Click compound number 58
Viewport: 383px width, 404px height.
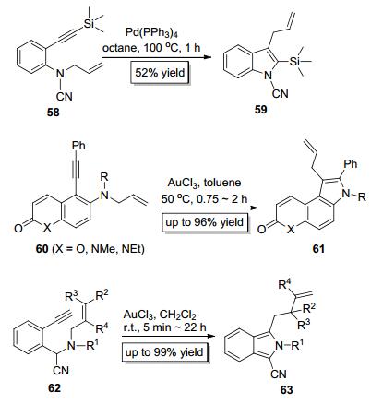53,113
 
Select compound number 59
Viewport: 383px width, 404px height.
260,109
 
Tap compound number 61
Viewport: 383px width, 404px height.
318,248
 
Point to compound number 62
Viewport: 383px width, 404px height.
54,388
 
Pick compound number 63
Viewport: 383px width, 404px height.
286,390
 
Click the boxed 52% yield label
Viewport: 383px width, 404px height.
160,73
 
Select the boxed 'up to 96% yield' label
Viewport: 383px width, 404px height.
205,221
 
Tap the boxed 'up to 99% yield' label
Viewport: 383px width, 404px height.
164,351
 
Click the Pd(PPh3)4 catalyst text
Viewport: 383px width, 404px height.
154,33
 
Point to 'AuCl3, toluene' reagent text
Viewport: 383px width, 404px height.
204,183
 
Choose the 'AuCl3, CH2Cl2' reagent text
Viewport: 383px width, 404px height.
160,315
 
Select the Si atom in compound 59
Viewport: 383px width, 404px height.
294,62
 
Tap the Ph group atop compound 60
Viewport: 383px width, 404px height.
78,146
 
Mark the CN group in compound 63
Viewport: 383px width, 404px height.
279,374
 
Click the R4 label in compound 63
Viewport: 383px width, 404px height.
284,285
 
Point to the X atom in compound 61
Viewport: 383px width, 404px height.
290,230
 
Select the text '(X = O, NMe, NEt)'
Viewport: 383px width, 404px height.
98,248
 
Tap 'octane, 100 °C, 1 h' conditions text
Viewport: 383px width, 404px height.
151,48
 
